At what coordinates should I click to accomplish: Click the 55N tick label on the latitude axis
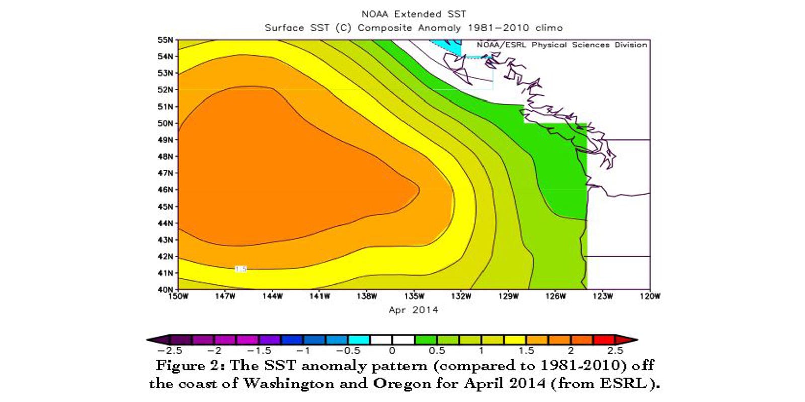166,40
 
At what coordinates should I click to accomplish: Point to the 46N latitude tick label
166,190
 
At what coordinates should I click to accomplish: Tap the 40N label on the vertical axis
166,289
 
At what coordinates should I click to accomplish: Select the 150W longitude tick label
178,296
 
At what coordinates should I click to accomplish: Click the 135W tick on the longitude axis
414,296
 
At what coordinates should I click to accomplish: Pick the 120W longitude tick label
650,296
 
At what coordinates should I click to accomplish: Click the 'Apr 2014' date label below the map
414,310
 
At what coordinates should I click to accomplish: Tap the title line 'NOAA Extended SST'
414,14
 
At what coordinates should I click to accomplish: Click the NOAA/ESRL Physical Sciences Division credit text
561,45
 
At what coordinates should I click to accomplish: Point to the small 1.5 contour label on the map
241,269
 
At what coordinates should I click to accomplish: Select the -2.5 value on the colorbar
170,351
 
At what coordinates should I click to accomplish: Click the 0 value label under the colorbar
392,351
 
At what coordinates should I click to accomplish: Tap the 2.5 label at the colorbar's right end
615,351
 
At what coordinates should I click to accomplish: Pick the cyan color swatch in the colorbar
359,340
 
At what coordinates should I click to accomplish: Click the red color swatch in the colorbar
604,340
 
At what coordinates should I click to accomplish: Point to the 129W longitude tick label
508,296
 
